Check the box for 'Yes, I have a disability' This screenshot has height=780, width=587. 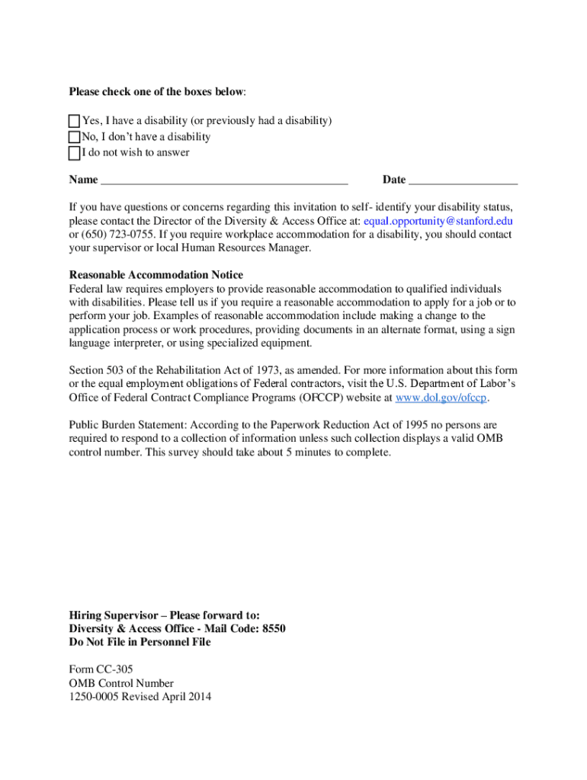(x=74, y=121)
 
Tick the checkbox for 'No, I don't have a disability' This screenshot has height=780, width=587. (x=74, y=137)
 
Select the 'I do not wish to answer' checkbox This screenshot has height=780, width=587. (x=74, y=153)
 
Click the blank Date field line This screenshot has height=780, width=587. (x=463, y=181)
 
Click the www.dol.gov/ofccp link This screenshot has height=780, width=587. (x=441, y=398)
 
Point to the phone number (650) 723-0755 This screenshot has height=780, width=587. (x=112, y=235)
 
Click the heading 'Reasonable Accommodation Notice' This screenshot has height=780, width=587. (x=156, y=275)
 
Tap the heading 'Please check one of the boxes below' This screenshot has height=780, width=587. (x=157, y=91)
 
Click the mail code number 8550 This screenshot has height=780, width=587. (x=273, y=628)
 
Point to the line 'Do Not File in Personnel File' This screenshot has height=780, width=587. (x=140, y=642)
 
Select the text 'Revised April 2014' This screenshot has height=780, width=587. (x=166, y=697)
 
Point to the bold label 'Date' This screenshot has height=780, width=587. (x=394, y=180)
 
